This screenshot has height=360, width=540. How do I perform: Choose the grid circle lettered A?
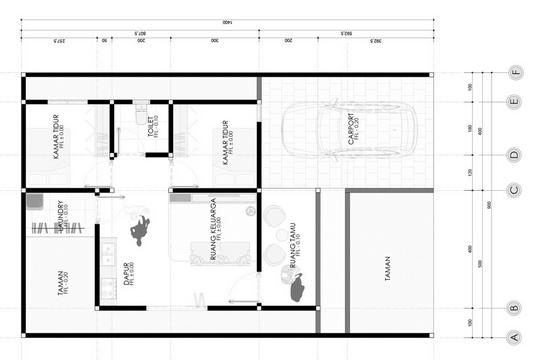(514, 337)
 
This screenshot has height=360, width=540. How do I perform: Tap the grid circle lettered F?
(514, 72)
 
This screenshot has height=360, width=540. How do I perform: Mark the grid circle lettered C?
(514, 190)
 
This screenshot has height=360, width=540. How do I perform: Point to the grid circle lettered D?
(514, 155)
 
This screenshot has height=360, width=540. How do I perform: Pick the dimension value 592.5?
(347, 33)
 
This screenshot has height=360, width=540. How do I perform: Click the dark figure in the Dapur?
(140, 230)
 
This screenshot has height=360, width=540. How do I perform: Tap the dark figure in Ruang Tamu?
(295, 290)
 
